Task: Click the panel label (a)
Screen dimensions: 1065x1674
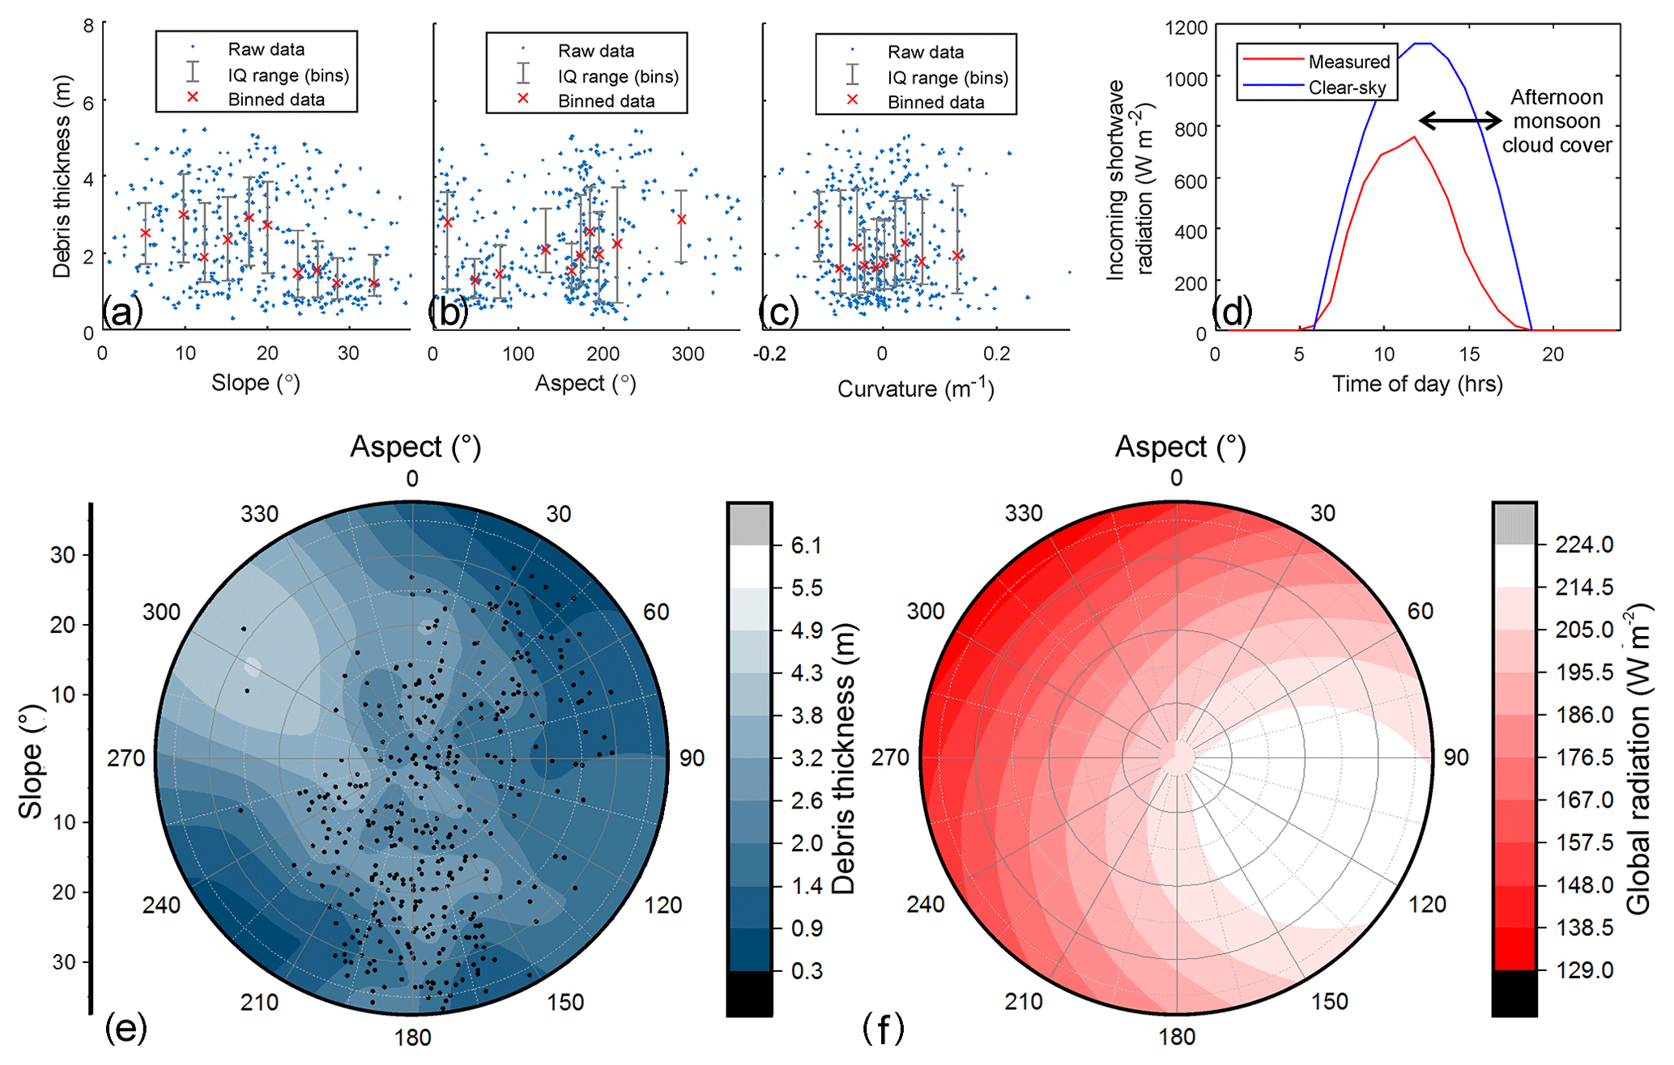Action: [x=122, y=312]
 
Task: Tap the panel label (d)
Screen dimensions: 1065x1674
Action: [x=1232, y=310]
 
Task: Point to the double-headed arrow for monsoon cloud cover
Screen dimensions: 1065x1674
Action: [x=1460, y=121]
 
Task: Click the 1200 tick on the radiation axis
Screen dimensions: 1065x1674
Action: [x=1186, y=28]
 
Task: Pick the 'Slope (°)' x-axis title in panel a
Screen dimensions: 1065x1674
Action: [x=256, y=383]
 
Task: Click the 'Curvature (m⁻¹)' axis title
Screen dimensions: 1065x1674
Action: [x=915, y=389]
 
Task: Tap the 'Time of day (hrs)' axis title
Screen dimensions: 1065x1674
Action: [x=1417, y=384]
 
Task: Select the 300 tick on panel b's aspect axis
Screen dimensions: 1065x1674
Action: [x=688, y=354]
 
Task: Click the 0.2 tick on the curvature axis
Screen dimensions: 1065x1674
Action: [x=996, y=354]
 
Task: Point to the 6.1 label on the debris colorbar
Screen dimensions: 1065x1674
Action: [x=807, y=545]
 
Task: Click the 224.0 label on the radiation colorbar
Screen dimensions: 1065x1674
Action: [x=1584, y=545]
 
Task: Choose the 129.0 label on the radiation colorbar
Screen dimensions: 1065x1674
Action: [x=1584, y=970]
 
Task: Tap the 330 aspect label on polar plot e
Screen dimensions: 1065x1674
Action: [x=259, y=514]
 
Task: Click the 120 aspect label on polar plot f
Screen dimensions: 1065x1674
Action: [x=1426, y=904]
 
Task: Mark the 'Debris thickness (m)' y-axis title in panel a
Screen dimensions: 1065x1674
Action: [x=62, y=176]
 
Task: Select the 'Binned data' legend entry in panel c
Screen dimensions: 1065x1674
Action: [x=935, y=103]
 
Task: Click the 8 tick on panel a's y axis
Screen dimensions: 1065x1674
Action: [x=88, y=26]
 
